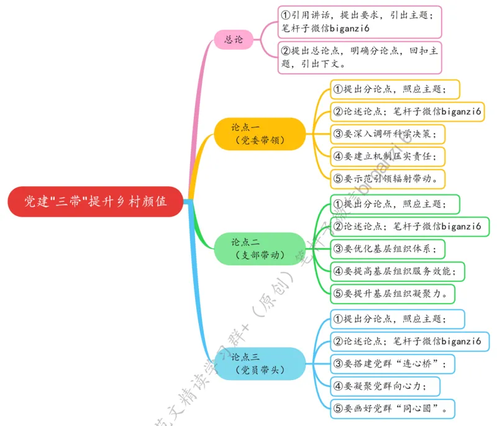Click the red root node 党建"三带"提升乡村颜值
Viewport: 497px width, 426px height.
pyautogui.click(x=97, y=202)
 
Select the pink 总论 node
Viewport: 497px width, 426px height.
pyautogui.click(x=234, y=40)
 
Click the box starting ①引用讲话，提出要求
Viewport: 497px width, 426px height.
pyautogui.click(x=359, y=22)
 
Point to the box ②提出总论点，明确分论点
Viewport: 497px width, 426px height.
pyautogui.click(x=359, y=57)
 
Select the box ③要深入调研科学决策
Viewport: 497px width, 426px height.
pyautogui.click(x=388, y=133)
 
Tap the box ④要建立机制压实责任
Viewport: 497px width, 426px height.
pyautogui.click(x=388, y=156)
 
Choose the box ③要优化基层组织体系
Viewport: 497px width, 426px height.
pyautogui.click(x=388, y=248)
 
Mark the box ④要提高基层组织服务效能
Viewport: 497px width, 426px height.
pyautogui.click(x=398, y=271)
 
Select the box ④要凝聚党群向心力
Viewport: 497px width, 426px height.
pyautogui.click(x=385, y=386)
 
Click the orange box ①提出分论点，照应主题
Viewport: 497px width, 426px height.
pyautogui.click(x=394, y=89)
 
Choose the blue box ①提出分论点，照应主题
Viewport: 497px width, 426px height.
pyautogui.click(x=394, y=319)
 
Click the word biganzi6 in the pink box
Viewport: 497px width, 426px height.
pyautogui.click(x=350, y=28)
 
